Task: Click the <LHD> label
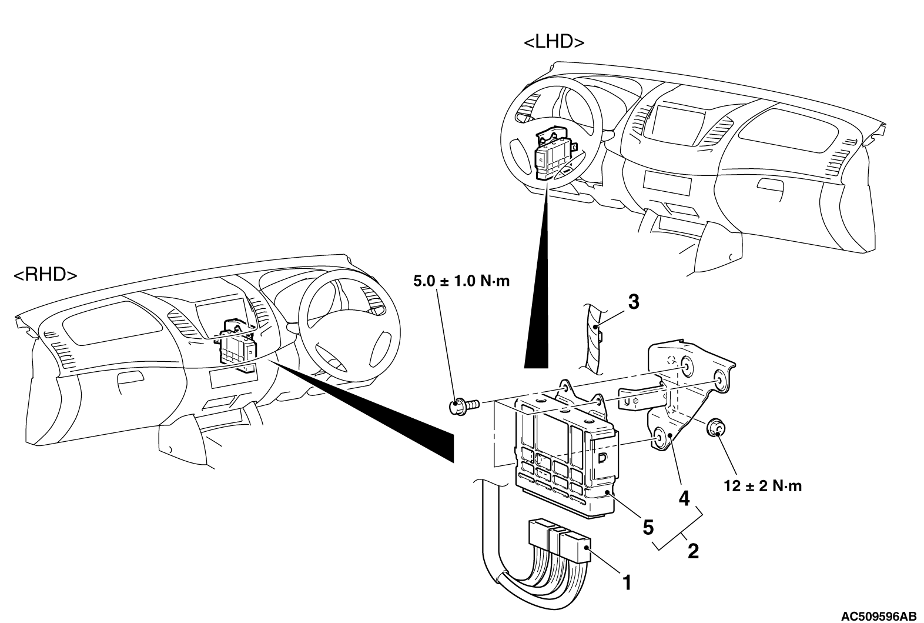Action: (x=554, y=42)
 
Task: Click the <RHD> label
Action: (x=45, y=275)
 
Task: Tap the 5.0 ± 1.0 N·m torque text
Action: (x=461, y=281)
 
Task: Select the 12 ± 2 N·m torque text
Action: (x=763, y=487)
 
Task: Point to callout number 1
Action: (x=627, y=583)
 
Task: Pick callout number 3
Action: (x=634, y=302)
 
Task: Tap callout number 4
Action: (x=684, y=499)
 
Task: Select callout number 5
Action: (x=648, y=527)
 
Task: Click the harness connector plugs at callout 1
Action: (x=558, y=541)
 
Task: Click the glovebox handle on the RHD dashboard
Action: (x=130, y=379)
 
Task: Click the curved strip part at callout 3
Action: (x=592, y=338)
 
